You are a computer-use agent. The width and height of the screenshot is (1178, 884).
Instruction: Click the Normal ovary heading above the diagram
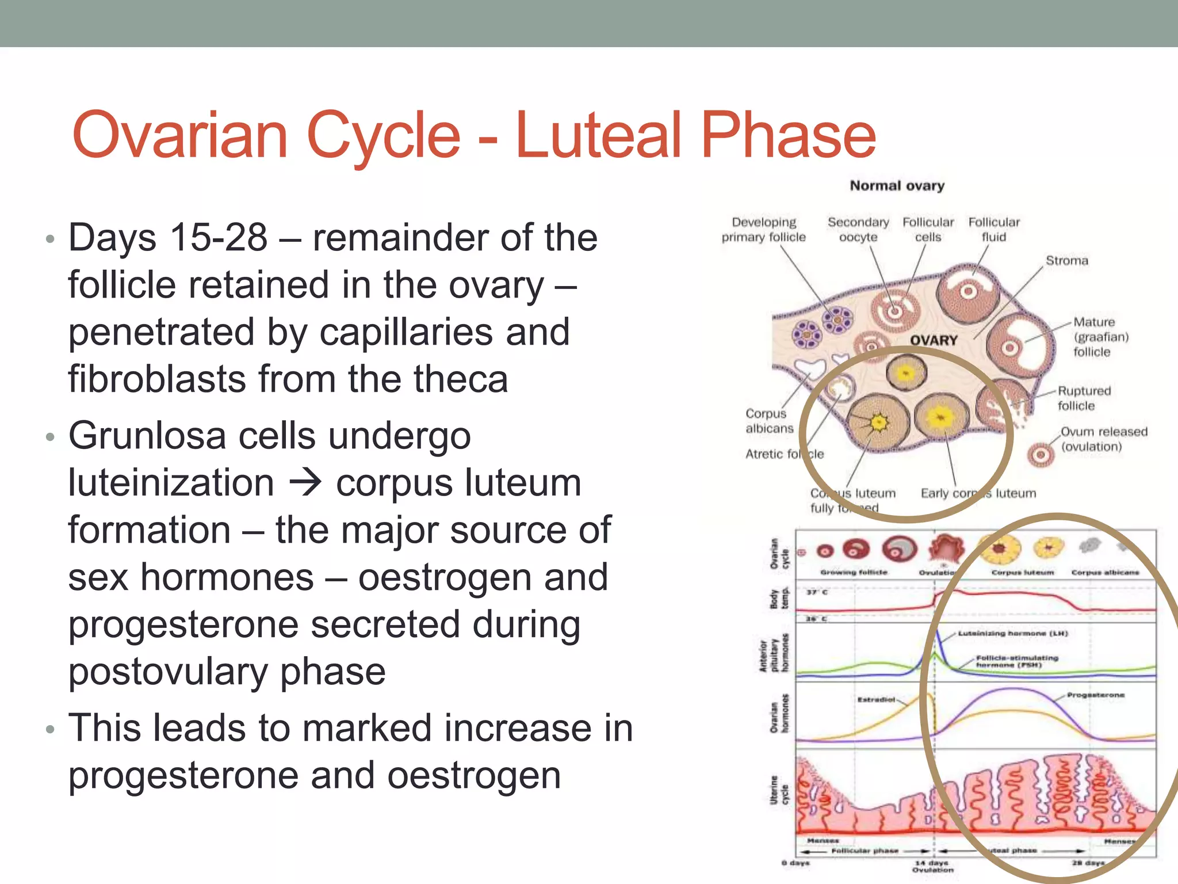click(x=897, y=186)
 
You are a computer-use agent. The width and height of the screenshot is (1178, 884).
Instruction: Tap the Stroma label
click(x=1066, y=261)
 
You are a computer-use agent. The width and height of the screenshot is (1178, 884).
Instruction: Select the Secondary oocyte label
click(x=858, y=230)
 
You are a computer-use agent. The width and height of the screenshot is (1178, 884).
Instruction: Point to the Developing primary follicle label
click(x=763, y=230)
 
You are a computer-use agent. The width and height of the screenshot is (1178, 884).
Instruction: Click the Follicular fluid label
click(x=993, y=230)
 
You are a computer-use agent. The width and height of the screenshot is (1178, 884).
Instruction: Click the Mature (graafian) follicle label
click(x=1100, y=337)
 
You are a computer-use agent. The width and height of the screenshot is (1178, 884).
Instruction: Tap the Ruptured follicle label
click(x=1084, y=398)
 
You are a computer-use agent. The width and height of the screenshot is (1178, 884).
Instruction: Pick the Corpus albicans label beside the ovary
click(x=769, y=421)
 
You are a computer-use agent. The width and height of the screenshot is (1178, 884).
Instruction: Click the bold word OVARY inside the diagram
click(x=933, y=341)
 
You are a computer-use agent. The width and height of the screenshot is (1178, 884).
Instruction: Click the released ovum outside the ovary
click(x=1040, y=455)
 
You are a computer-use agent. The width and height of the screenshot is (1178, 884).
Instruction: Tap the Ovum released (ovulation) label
click(x=1103, y=439)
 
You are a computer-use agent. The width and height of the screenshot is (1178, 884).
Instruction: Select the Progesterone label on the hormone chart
click(x=1095, y=695)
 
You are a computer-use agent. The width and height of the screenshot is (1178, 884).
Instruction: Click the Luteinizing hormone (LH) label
click(x=1012, y=634)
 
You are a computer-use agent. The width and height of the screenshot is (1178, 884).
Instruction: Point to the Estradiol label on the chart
click(x=875, y=700)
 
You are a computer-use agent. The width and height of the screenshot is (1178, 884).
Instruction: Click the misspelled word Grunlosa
click(x=147, y=436)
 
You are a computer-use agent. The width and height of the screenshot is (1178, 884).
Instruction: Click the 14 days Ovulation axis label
click(x=932, y=866)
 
